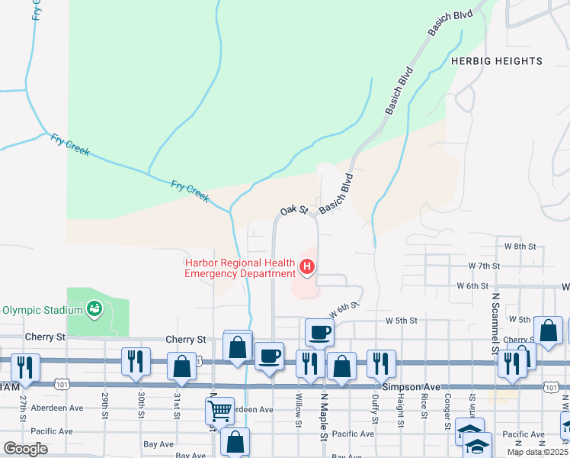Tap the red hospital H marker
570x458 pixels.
307,266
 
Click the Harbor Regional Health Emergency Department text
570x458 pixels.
241,269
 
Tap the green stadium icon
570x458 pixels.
94,308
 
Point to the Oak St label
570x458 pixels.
293,210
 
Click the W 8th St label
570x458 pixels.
520,247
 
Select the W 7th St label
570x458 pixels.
484,266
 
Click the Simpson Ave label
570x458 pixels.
412,387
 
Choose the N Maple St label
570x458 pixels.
324,418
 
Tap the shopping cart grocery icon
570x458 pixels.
219,412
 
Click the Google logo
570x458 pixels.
25,449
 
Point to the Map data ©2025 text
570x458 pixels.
537,452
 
